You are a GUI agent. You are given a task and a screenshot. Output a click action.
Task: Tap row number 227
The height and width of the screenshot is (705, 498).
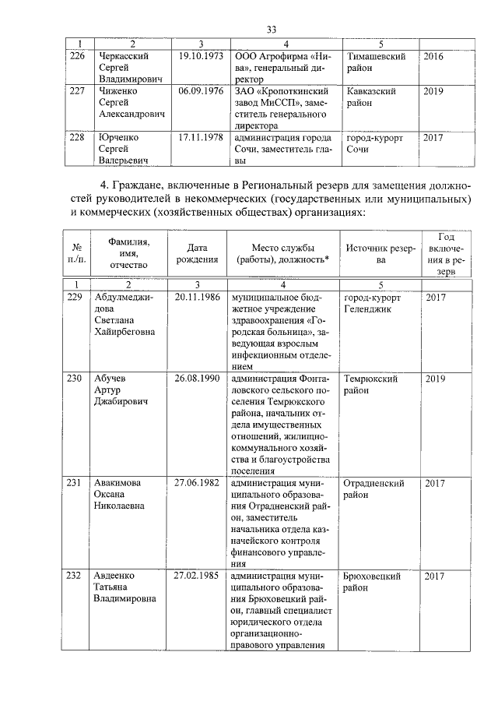(x=77, y=91)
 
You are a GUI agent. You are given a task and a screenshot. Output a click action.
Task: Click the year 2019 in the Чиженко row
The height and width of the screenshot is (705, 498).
(x=433, y=91)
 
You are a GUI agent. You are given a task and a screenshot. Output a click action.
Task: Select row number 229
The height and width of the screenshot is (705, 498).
(x=75, y=297)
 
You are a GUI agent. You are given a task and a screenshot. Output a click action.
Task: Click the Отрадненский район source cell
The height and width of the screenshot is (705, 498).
(x=373, y=488)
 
